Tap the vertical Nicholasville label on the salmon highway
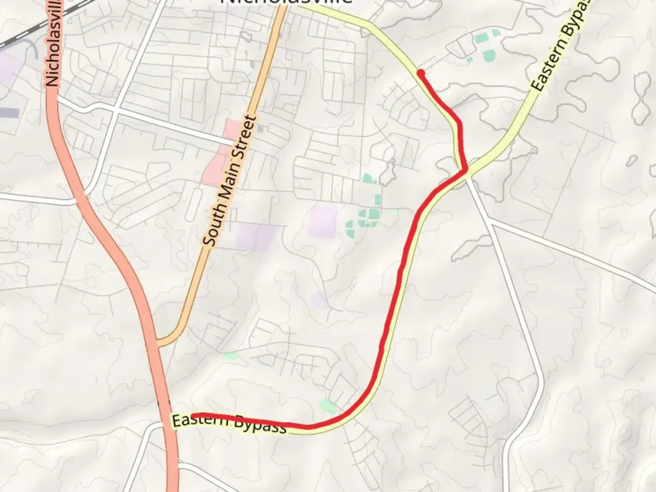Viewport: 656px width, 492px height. [54, 43]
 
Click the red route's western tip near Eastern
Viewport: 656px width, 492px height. [193, 415]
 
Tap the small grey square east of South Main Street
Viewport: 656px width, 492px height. [260, 129]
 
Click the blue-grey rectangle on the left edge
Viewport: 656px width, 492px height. [9, 113]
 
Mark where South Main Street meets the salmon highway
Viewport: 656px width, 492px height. [158, 343]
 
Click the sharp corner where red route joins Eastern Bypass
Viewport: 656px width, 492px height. [465, 170]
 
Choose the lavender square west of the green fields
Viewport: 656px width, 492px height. [322, 222]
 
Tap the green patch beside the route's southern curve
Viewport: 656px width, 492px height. [327, 405]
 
